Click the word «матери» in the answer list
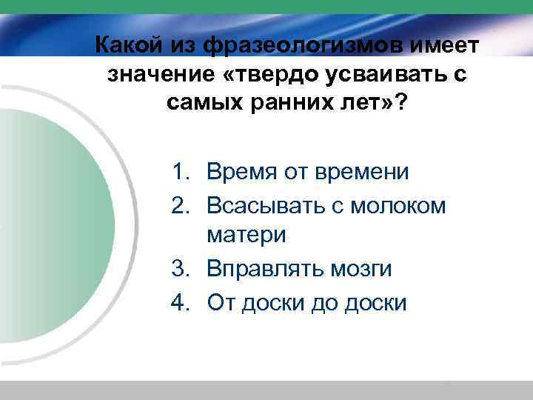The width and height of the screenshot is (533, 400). point(247,236)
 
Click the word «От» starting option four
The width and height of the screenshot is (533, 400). point(221,301)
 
